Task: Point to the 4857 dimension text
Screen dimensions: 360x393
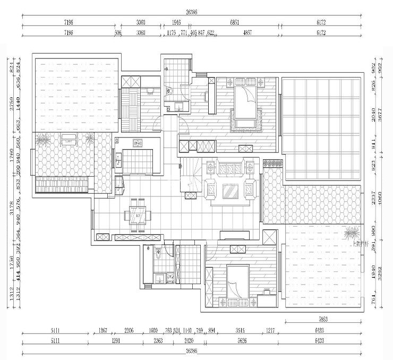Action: pos(247,33)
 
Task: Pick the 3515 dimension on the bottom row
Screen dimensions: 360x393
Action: pos(241,330)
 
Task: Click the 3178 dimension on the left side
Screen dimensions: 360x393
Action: pos(11,205)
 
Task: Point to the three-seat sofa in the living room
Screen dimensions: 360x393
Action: pos(230,169)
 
